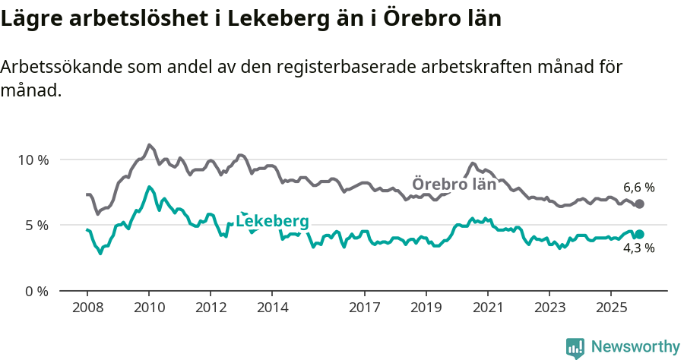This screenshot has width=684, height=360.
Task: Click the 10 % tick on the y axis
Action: pyautogui.click(x=33, y=160)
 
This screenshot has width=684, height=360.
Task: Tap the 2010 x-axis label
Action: pyautogui.click(x=149, y=308)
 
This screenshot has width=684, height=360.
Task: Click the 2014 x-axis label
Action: pyautogui.click(x=273, y=308)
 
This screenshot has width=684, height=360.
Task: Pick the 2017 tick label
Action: pyautogui.click(x=365, y=308)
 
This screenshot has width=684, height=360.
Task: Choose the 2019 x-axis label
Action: pyautogui.click(x=426, y=308)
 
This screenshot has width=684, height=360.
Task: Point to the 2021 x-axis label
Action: pyautogui.click(x=488, y=308)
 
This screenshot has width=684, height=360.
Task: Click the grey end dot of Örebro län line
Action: pyautogui.click(x=639, y=204)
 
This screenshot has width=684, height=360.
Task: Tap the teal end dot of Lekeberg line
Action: pyautogui.click(x=639, y=235)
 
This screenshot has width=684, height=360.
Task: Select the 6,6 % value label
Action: pyautogui.click(x=638, y=187)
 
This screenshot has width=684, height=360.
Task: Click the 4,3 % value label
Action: pyautogui.click(x=638, y=248)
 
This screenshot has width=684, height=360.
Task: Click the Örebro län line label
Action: pyautogui.click(x=454, y=184)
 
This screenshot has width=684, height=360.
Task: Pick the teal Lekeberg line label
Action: pyautogui.click(x=272, y=221)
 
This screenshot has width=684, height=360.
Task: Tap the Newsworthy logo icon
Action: pyautogui.click(x=575, y=347)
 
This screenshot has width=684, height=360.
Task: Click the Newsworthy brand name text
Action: pyautogui.click(x=635, y=347)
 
